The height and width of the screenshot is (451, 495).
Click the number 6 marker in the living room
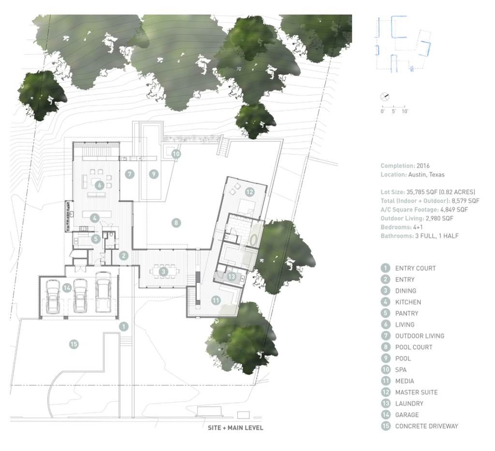click(100, 185)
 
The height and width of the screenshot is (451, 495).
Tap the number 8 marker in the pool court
click(176, 223)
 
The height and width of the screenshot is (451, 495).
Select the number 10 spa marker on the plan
click(176, 154)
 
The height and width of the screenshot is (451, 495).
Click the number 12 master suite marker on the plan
click(249, 192)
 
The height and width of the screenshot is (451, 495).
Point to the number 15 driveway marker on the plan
click(74, 344)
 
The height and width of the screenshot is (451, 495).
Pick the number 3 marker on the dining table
click(163, 271)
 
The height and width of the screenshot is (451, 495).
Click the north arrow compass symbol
click(385, 97)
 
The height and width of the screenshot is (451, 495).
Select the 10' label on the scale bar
click(405, 111)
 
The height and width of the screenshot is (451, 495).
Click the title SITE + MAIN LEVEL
click(235, 428)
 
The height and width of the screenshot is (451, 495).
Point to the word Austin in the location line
click(416, 175)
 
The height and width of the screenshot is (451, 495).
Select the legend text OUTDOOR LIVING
click(420, 336)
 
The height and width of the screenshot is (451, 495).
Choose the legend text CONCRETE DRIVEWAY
click(426, 426)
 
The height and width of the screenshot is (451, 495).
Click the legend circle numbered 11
click(385, 381)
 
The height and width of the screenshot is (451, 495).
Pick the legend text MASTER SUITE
click(416, 393)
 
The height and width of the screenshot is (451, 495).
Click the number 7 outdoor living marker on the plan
click(130, 174)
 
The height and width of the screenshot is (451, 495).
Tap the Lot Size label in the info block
click(393, 192)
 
